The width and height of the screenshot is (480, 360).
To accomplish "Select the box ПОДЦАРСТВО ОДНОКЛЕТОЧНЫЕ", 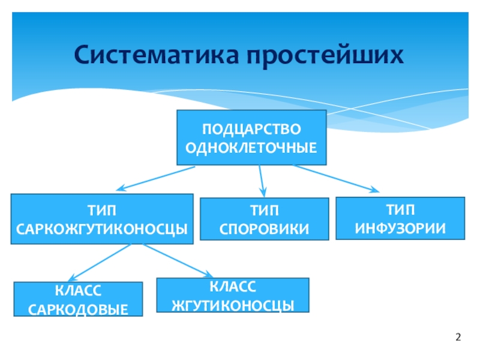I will tap(251, 137).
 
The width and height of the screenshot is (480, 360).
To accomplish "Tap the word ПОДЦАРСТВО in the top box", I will tap(251, 129).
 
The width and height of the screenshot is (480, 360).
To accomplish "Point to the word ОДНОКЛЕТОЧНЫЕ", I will tap(251, 146).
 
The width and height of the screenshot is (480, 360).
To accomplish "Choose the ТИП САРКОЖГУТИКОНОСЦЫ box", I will tap(102, 218).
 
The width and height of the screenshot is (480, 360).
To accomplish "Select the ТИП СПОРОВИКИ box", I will tap(264, 219).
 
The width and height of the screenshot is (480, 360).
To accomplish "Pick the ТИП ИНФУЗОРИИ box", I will tap(400, 218).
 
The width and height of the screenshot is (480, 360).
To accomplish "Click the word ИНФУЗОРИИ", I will tap(400, 228).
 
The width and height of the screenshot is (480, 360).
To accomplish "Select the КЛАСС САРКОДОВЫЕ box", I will tap(78, 299).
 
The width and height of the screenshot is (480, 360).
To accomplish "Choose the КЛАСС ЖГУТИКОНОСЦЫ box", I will tap(232, 295).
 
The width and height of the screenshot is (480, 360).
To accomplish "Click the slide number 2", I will tap(458, 337).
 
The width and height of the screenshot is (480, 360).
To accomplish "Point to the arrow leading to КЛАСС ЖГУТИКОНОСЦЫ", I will tap(174, 260).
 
